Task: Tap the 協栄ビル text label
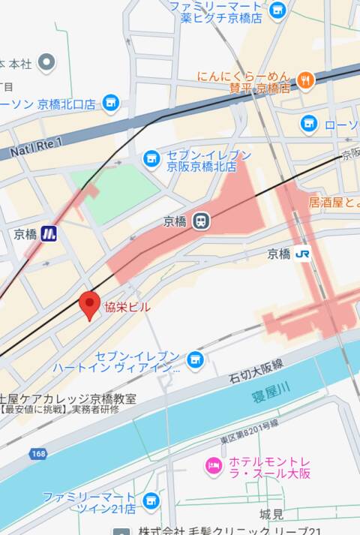pos(127,307)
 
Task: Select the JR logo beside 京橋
pos(303,254)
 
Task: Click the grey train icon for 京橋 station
pos(200,221)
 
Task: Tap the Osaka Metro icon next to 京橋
pos(49,233)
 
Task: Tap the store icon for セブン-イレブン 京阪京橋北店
pos(151,158)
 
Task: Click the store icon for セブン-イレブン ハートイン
pos(195,360)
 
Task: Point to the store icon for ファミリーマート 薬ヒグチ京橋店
pos(277,11)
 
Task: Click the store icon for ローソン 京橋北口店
pos(111,102)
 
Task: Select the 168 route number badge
pos(39,454)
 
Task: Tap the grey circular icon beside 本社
pos(47,62)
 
